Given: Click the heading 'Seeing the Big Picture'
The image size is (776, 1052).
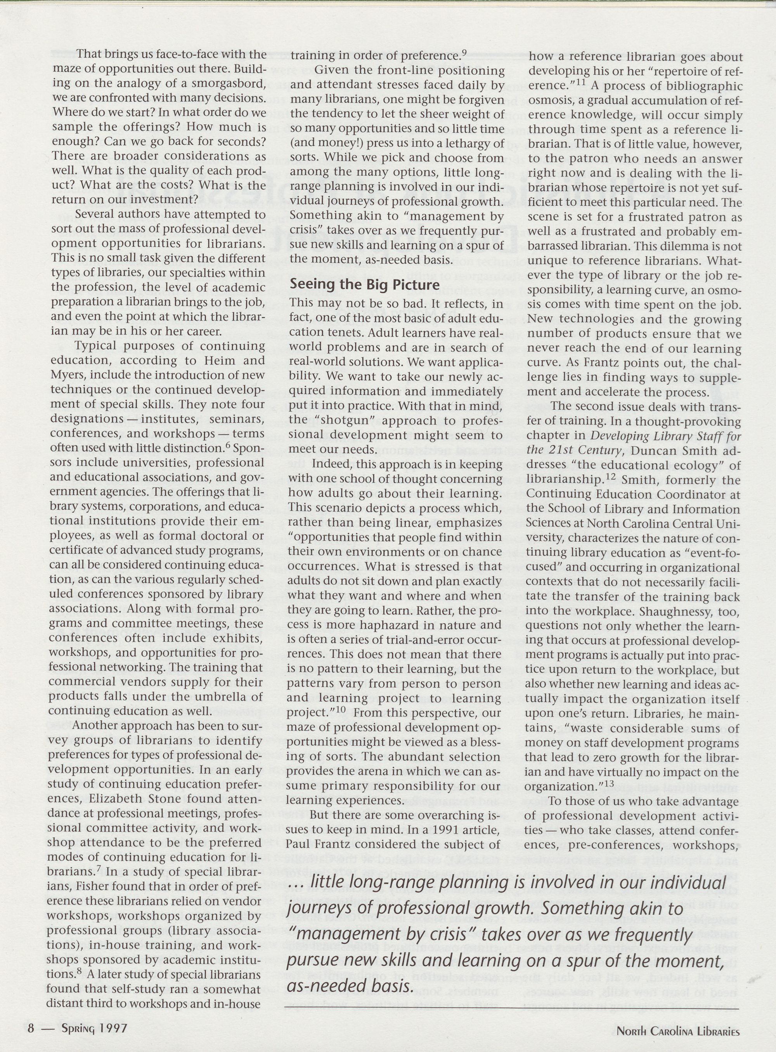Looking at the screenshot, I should [x=364, y=284].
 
